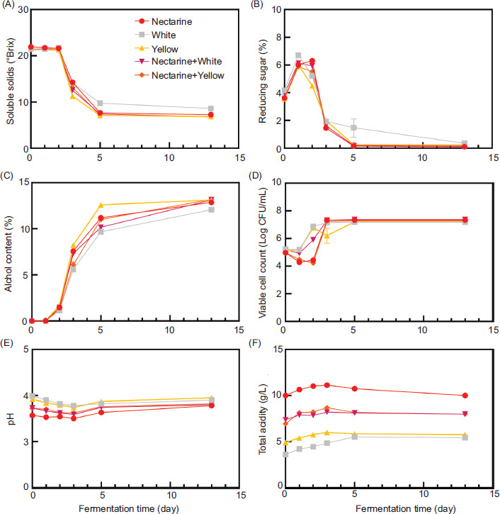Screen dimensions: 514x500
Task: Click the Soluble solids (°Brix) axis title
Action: coord(9,79)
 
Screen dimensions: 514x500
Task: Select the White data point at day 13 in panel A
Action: coord(211,108)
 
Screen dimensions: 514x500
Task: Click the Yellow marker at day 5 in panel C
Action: coord(101,205)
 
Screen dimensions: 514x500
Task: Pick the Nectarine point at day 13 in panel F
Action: coord(465,395)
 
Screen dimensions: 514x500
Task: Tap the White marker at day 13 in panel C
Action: coord(211,210)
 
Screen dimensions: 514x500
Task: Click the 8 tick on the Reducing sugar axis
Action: coord(277,38)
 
